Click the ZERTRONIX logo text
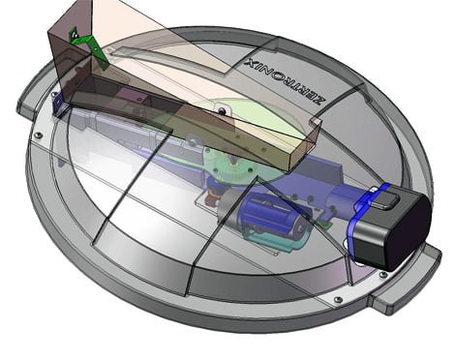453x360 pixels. click(x=286, y=80)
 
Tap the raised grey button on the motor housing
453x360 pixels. click(x=387, y=200)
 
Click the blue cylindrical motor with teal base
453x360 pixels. click(x=274, y=217)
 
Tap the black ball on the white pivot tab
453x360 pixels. click(x=223, y=111)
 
